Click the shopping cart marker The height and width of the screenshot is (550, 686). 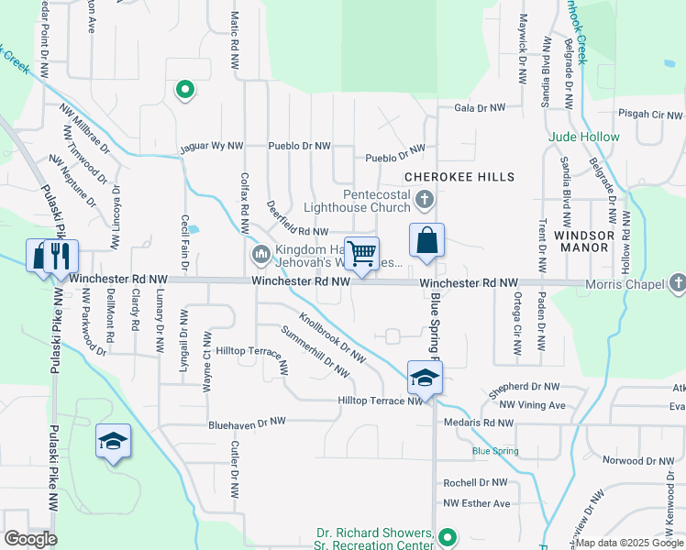point(362,253)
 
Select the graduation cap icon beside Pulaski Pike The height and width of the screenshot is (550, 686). point(113,442)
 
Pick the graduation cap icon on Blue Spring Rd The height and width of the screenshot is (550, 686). point(425,378)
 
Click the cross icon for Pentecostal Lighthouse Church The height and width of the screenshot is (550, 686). point(424,199)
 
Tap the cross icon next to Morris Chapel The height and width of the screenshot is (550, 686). point(677,283)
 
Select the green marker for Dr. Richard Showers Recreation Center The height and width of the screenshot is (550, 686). point(447,537)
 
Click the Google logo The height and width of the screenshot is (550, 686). point(30,539)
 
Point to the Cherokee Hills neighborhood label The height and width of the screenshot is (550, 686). point(459,176)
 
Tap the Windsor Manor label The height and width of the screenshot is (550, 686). point(582,242)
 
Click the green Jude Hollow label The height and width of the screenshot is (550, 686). point(584,137)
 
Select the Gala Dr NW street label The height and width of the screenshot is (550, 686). point(480,108)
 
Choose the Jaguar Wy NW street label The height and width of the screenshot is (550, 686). point(211,146)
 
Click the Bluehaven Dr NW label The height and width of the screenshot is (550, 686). point(248,423)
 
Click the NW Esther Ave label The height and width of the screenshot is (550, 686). point(476,503)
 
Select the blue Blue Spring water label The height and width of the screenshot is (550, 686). point(495,451)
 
